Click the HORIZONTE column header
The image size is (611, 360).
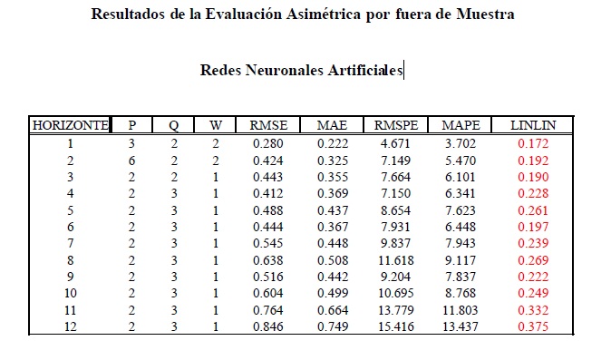pos(70,125)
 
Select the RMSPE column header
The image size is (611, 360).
pos(396,125)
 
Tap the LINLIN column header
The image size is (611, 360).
pos(533,125)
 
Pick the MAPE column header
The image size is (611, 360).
pos(461,125)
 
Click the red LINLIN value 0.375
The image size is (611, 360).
pos(533,326)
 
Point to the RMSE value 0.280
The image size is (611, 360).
pos(268,144)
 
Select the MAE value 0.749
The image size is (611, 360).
pos(333,326)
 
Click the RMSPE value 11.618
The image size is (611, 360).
pos(396,260)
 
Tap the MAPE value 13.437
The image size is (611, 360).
pos(461,326)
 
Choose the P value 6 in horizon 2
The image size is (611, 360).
pos(131,161)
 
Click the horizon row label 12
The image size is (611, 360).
pos(70,326)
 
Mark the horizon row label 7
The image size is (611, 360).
pos(70,244)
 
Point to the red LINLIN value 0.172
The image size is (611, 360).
pos(533,144)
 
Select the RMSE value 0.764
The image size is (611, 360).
pos(268,310)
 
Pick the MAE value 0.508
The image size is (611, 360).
pos(333,260)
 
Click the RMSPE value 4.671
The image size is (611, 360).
pos(395,144)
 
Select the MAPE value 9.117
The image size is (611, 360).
pos(461,260)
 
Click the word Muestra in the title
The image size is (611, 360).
pos(485,15)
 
